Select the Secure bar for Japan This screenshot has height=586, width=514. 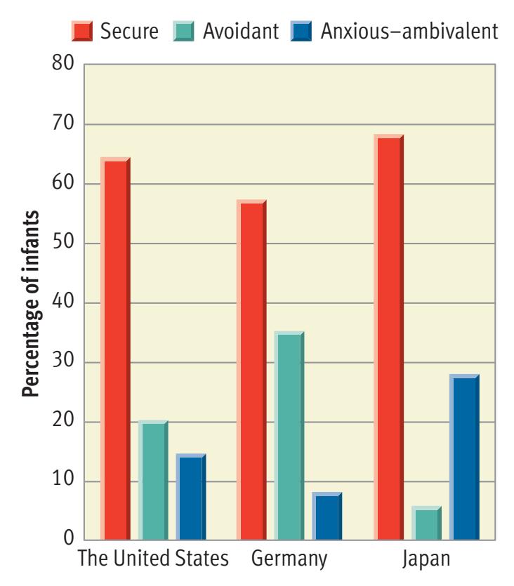(389, 337)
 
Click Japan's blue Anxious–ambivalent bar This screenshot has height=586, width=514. (464, 457)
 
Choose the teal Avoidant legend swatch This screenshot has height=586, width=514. (183, 31)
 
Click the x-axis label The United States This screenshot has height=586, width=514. (153, 560)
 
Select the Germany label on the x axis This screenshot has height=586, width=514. (289, 560)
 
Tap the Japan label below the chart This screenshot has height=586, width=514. (427, 560)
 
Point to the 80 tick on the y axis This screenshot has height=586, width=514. (63, 65)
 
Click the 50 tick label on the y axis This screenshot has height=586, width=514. (63, 244)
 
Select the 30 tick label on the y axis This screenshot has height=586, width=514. (63, 363)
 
